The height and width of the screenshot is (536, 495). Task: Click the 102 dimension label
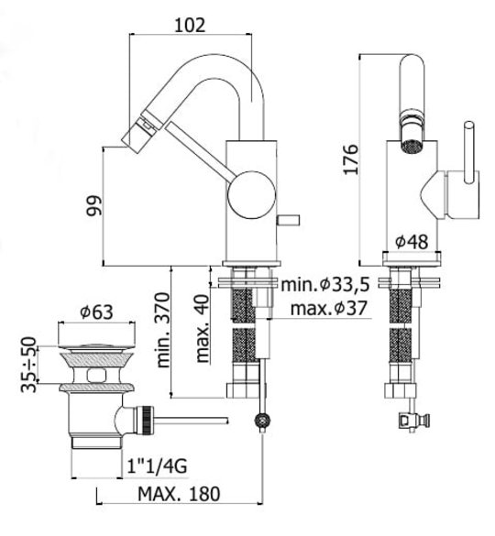tap(190, 25)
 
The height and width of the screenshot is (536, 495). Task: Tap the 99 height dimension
tap(94, 205)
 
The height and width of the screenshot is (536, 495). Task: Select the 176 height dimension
tap(351, 159)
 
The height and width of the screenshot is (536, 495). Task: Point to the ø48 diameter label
tap(412, 242)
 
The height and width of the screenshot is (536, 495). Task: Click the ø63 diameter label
tap(96, 312)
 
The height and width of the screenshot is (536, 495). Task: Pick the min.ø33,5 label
tap(325, 284)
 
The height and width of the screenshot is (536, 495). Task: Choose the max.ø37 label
tap(329, 308)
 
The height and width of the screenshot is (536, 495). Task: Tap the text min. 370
tap(163, 330)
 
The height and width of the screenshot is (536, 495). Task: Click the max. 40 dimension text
tap(203, 329)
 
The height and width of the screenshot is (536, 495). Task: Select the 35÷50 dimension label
tap(28, 365)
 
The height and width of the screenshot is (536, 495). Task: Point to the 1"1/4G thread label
tap(157, 465)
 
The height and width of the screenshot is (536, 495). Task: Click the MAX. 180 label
tap(179, 494)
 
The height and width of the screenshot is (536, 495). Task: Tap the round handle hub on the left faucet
tap(251, 195)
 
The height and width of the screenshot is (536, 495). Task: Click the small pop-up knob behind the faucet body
tap(288, 220)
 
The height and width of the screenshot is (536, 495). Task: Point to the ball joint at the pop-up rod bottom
tap(263, 421)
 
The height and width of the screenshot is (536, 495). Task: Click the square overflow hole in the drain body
tap(96, 376)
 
